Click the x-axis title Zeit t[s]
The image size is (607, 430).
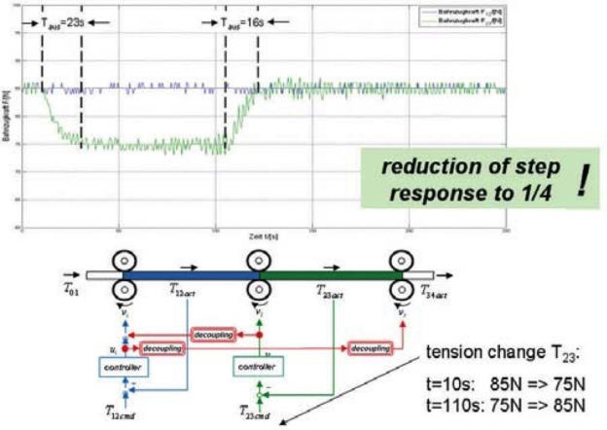pos(261,236)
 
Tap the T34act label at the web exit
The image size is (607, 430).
pos(436,290)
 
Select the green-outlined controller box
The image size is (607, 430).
pos(258,367)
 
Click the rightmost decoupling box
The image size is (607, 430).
pos(372,346)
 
